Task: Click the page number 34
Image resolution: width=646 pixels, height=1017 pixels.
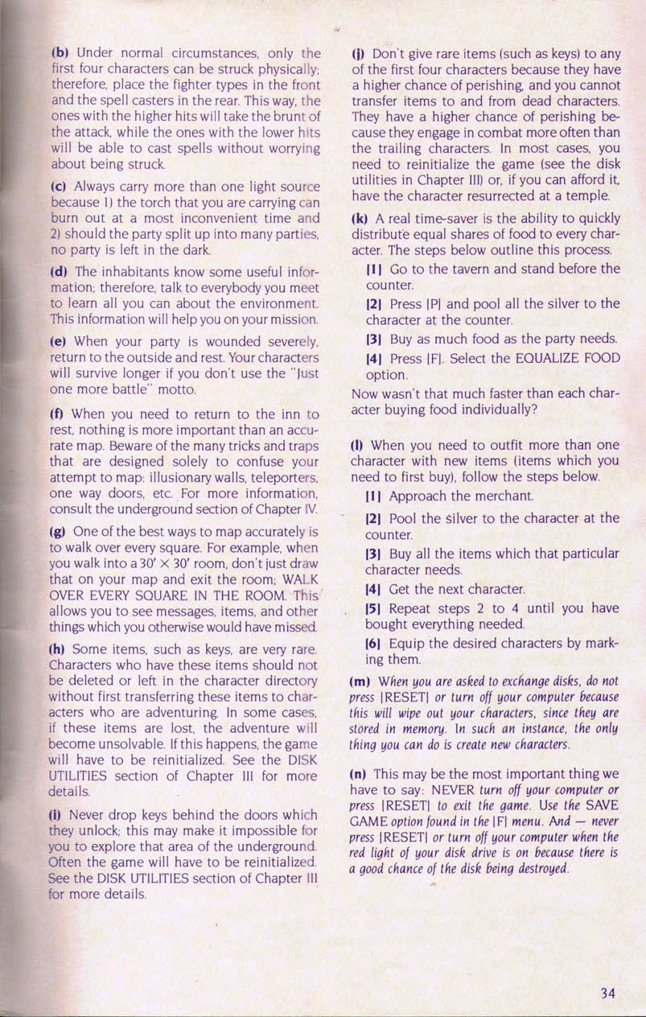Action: coord(608,992)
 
